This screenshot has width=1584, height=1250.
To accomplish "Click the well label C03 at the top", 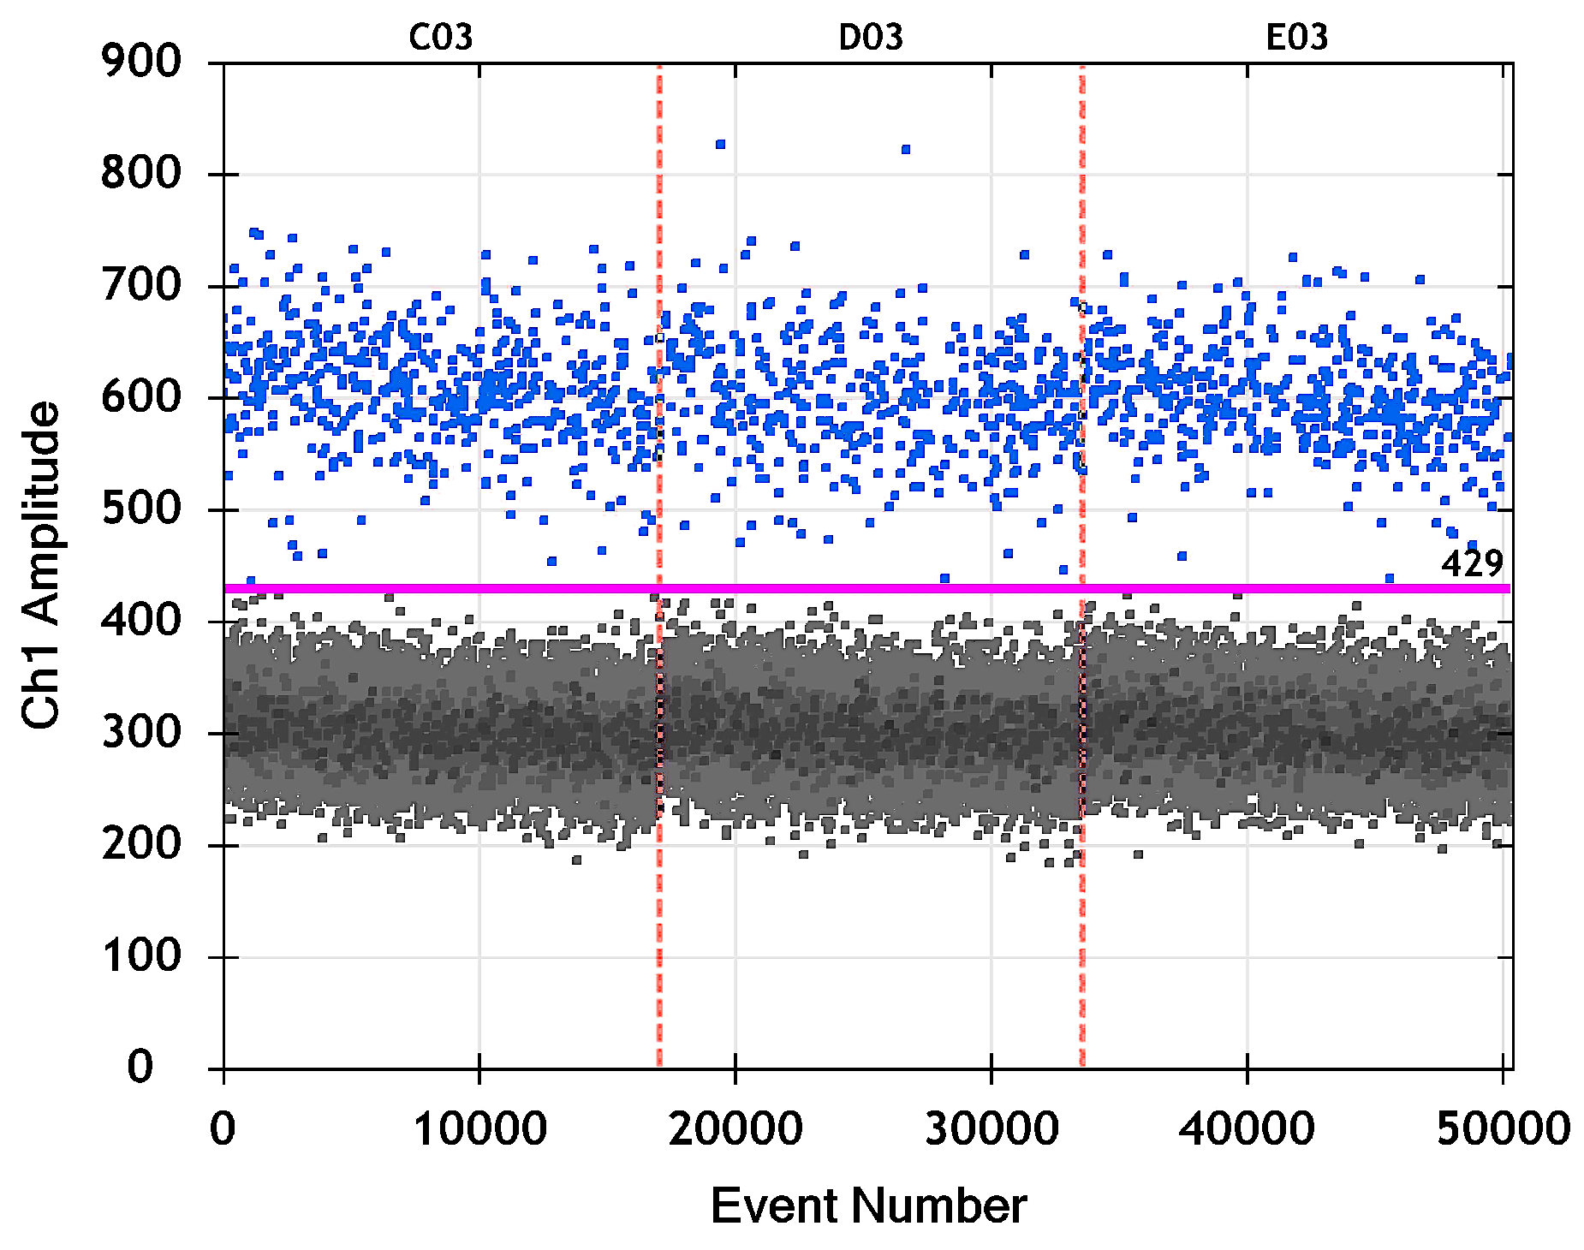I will pyautogui.click(x=440, y=38).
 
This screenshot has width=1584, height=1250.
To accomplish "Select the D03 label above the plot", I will pyautogui.click(x=870, y=38).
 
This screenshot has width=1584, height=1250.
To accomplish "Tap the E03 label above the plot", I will pyautogui.click(x=1296, y=38).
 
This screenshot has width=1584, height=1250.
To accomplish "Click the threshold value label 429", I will pyautogui.click(x=1472, y=563).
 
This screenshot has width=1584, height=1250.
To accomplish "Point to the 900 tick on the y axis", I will pyautogui.click(x=141, y=62).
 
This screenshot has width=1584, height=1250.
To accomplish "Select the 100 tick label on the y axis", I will pyautogui.click(x=141, y=955).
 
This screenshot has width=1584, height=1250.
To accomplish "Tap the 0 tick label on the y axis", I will pyautogui.click(x=141, y=1068).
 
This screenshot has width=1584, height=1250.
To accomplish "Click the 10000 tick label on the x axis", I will pyautogui.click(x=479, y=1128).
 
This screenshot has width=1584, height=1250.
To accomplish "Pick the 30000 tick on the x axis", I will pyautogui.click(x=991, y=1128).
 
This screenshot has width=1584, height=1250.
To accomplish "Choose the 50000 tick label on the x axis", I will pyautogui.click(x=1503, y=1128).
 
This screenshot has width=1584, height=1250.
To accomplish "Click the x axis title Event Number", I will pyautogui.click(x=868, y=1206).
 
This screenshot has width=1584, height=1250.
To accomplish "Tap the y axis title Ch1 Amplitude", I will pyautogui.click(x=41, y=566).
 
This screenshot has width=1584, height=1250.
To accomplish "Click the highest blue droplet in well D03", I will pyautogui.click(x=720, y=145).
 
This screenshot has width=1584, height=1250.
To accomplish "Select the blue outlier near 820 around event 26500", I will pyautogui.click(x=906, y=150).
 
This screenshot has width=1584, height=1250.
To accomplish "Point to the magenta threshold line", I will pyautogui.click(x=856, y=588).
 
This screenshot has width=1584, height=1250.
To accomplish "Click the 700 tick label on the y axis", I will pyautogui.click(x=141, y=285).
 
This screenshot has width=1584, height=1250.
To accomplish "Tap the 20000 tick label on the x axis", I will pyautogui.click(x=735, y=1128).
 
